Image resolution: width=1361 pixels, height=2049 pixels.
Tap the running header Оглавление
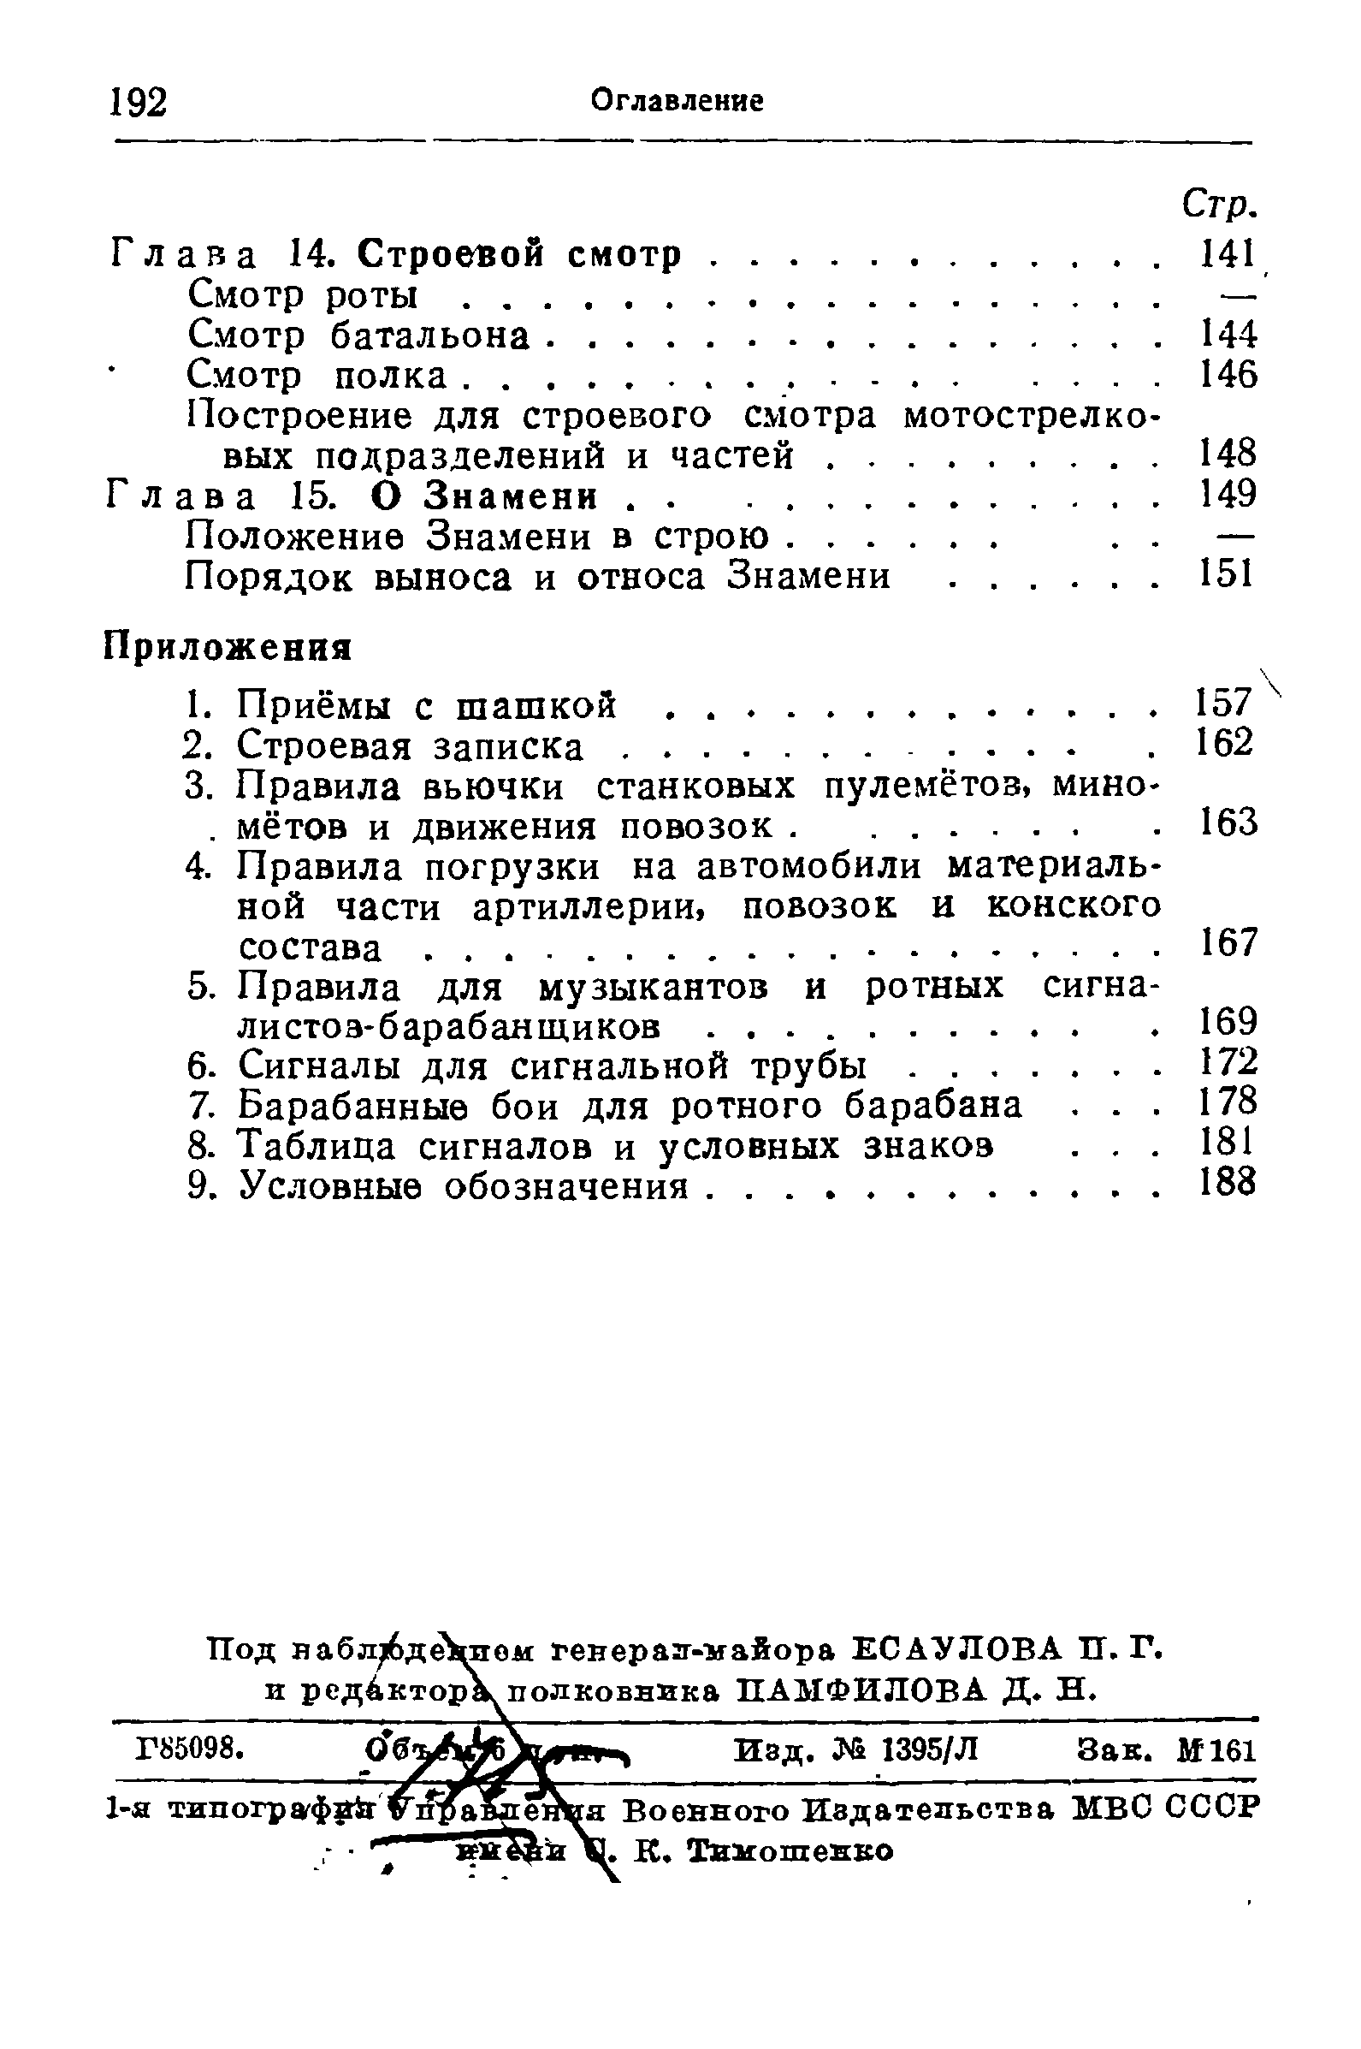point(677,102)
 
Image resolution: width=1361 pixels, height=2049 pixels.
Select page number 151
point(1226,574)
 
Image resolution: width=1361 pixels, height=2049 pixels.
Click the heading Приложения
point(228,648)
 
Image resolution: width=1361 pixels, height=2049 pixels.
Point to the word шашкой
point(536,705)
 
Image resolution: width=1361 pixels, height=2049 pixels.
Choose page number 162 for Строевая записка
point(1225,743)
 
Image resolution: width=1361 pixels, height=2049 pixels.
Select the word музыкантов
point(654,987)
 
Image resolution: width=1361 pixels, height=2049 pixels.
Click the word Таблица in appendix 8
point(317,1145)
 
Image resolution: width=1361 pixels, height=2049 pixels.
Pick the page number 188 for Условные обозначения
point(1227,1183)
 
